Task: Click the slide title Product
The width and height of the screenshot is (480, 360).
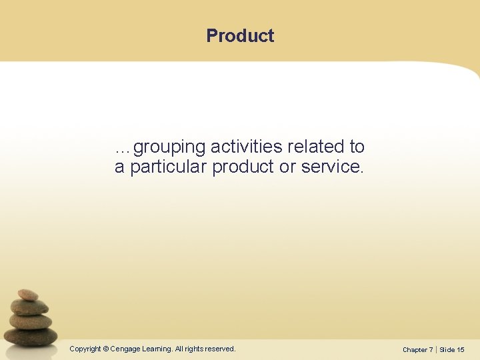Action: [x=240, y=35]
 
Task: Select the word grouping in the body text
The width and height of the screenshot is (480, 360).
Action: [x=170, y=147]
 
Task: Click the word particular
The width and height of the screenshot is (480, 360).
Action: [x=169, y=167]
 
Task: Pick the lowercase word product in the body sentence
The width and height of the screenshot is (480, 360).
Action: [x=243, y=167]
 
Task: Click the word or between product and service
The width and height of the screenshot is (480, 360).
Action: [x=287, y=167]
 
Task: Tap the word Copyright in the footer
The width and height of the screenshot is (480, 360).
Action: [x=85, y=349]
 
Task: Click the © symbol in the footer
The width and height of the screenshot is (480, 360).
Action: [x=107, y=349]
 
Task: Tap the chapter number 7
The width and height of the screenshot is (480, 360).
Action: [x=431, y=349]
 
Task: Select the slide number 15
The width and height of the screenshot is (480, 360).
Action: [x=461, y=349]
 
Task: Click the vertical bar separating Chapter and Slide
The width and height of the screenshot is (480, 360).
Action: [x=436, y=349]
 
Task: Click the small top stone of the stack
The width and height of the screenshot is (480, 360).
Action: [x=28, y=294]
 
